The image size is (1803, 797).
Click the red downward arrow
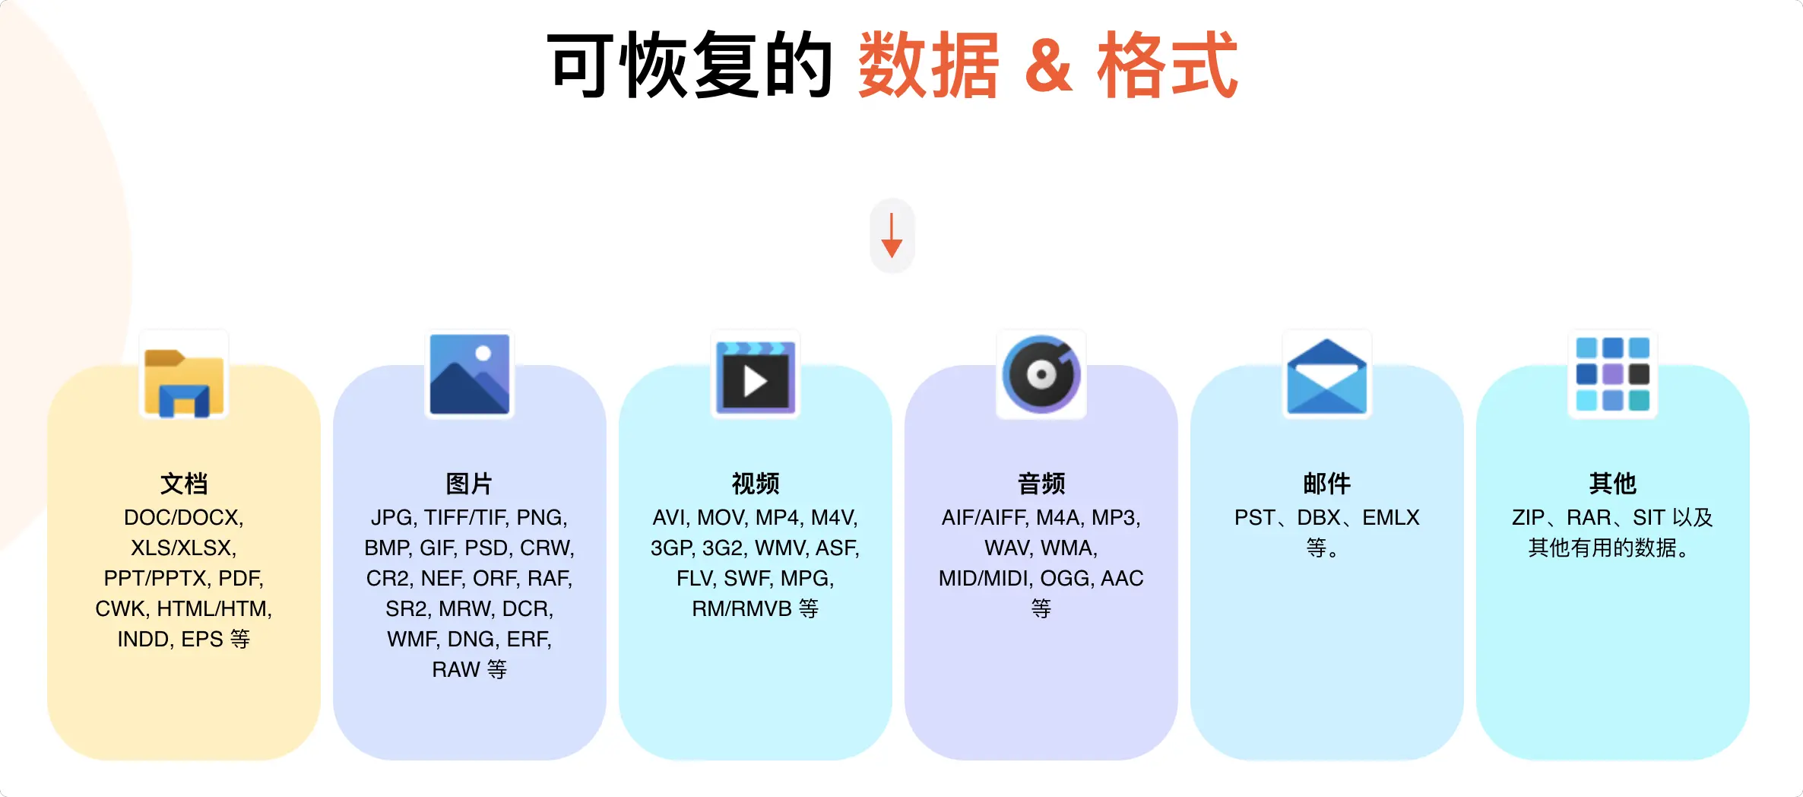[892, 236]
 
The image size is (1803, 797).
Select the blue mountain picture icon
[469, 374]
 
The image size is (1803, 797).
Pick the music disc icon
[1041, 374]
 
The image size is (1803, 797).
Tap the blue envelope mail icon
[1326, 376]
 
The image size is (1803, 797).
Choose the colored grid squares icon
[1612, 374]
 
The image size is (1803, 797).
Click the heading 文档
[184, 484]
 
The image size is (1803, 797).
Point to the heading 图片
[469, 484]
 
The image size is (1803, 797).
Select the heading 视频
[755, 484]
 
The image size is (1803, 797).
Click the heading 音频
[1041, 484]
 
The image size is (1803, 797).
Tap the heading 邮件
[1326, 484]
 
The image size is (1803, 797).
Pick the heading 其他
[1612, 484]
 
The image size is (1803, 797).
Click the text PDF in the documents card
[239, 579]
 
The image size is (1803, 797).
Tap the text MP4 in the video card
[779, 518]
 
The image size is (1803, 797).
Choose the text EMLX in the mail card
[1390, 518]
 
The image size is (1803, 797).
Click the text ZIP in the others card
[1528, 518]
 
